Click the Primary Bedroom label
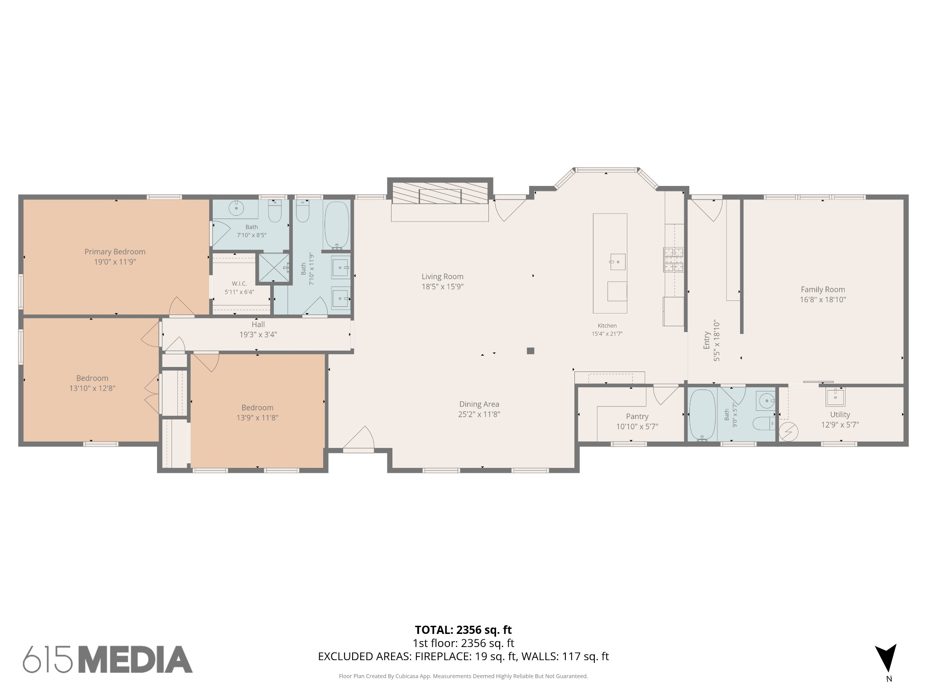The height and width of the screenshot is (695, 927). click(x=115, y=252)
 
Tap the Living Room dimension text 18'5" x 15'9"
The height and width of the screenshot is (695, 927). click(x=442, y=286)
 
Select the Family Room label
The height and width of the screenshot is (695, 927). click(x=822, y=290)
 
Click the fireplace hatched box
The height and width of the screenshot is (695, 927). click(x=440, y=193)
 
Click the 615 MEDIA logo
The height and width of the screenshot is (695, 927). click(x=108, y=659)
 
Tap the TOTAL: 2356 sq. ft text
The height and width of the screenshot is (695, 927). click(x=463, y=630)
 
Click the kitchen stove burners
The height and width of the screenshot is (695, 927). click(x=674, y=259)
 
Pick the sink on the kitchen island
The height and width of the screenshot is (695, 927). click(x=617, y=262)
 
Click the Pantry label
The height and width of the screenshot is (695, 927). click(x=637, y=416)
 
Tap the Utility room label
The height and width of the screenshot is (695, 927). click(x=840, y=414)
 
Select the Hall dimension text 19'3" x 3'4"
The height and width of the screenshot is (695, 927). click(x=258, y=335)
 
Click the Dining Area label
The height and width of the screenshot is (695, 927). click(x=479, y=404)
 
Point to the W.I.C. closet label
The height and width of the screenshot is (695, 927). click(x=239, y=284)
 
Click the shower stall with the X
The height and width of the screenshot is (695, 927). click(x=273, y=268)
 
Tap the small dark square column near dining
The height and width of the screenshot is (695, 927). click(x=530, y=351)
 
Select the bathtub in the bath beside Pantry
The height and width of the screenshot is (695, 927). click(x=702, y=415)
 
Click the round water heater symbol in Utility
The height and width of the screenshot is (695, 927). click(x=789, y=431)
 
